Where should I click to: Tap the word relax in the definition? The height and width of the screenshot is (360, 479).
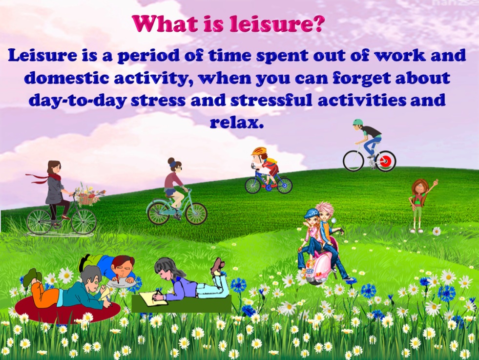pyautogui.click(x=236, y=123)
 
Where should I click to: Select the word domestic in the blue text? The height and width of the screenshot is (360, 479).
pyautogui.click(x=66, y=79)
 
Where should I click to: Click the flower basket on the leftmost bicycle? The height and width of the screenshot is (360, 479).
pyautogui.click(x=88, y=195)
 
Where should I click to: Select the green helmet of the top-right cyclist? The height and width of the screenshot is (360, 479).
pyautogui.click(x=358, y=122)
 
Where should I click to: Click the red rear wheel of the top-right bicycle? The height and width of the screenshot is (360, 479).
pyautogui.click(x=386, y=161)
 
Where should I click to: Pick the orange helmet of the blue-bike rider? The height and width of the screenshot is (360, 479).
pyautogui.click(x=259, y=151)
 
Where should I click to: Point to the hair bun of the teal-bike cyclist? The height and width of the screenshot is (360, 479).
pyautogui.click(x=171, y=161)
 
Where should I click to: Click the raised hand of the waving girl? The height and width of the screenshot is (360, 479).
pyautogui.click(x=436, y=183)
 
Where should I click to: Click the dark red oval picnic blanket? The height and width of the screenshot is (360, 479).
pyautogui.click(x=67, y=309)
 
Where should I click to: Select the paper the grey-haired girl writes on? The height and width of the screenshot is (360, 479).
pyautogui.click(x=153, y=298)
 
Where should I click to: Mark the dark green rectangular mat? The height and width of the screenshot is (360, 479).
pyautogui.click(x=182, y=304)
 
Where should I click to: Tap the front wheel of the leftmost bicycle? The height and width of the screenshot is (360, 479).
pyautogui.click(x=83, y=221)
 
